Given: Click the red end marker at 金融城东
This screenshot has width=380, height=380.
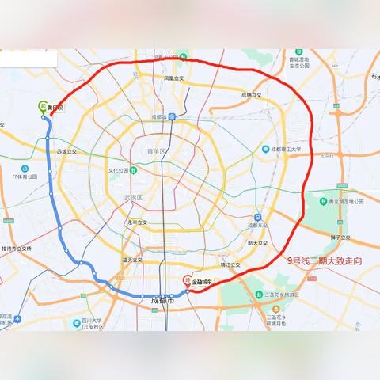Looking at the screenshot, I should pyautogui.click(x=187, y=279).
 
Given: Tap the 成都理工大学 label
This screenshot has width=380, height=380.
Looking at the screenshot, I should pyautogui.click(x=285, y=149).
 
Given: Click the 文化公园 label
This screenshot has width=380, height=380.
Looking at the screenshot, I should pyautogui.click(x=120, y=169).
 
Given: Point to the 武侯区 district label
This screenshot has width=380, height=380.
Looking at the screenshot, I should pyautogui.click(x=132, y=197).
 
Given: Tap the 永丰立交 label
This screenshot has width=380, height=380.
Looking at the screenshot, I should pyautogui.click(x=138, y=223).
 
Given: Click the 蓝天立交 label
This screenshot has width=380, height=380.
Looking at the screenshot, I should pyautogui.click(x=131, y=259).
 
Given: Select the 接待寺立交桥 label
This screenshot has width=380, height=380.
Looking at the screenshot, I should pyautogui.click(x=17, y=248).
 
